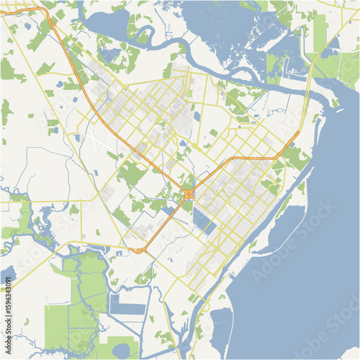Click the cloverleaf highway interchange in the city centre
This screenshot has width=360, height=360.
pyautogui.click(x=188, y=194)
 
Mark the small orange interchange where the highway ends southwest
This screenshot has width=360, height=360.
pyautogui.click(x=139, y=251)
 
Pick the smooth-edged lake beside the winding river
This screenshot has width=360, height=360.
pyautogui.click(x=108, y=24)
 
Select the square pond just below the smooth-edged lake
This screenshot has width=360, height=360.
pyautogui.click(x=109, y=54)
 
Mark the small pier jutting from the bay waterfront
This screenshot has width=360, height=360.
pyautogui.click(x=232, y=275)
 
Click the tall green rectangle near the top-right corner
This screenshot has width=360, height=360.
pyautogui.click(x=320, y=32)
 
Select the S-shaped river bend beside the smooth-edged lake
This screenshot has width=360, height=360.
pyautogui.click(x=144, y=32)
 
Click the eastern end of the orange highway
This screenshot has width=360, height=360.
pyautogui.click(x=297, y=135)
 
